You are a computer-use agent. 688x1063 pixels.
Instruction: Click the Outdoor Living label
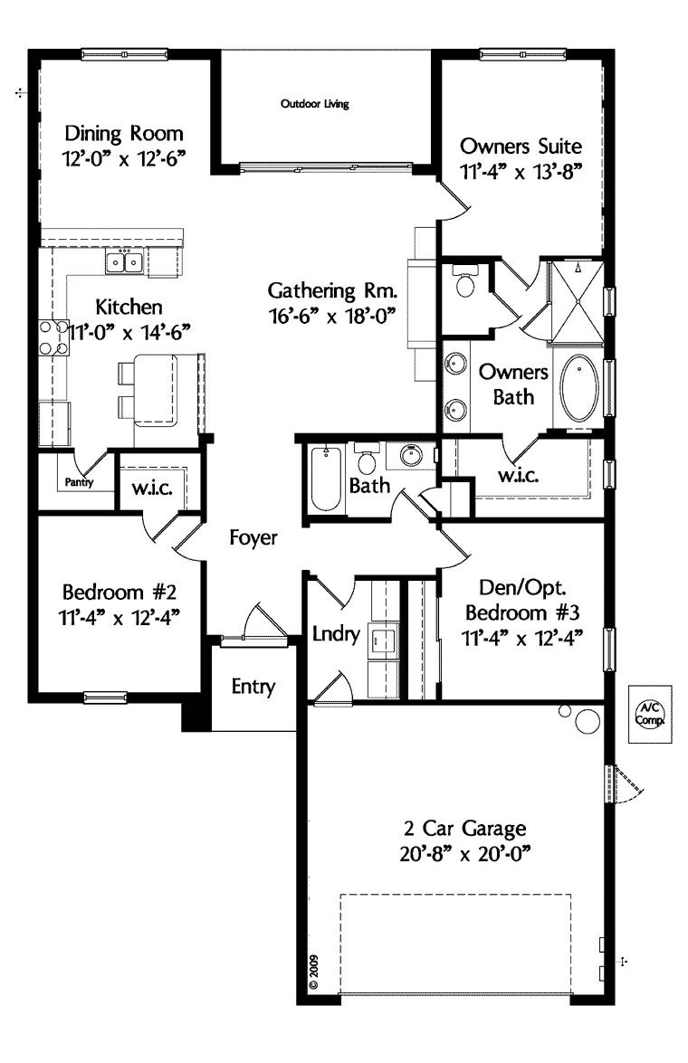pyautogui.click(x=315, y=104)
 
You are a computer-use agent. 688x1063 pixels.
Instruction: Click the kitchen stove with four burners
pyautogui.click(x=53, y=337)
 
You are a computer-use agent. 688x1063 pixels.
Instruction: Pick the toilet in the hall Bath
pyautogui.click(x=367, y=460)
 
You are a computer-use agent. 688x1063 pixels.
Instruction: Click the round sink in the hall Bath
pyautogui.click(x=414, y=454)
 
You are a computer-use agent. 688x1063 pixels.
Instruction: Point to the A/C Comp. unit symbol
pyautogui.click(x=648, y=714)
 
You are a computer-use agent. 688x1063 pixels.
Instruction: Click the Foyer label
pyautogui.click(x=253, y=537)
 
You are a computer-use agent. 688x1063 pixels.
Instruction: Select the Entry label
pyautogui.click(x=253, y=686)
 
